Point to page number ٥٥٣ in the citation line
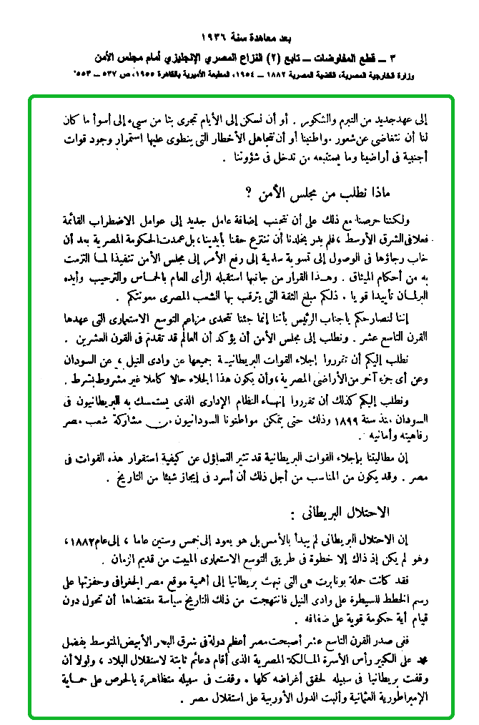(85, 74)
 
